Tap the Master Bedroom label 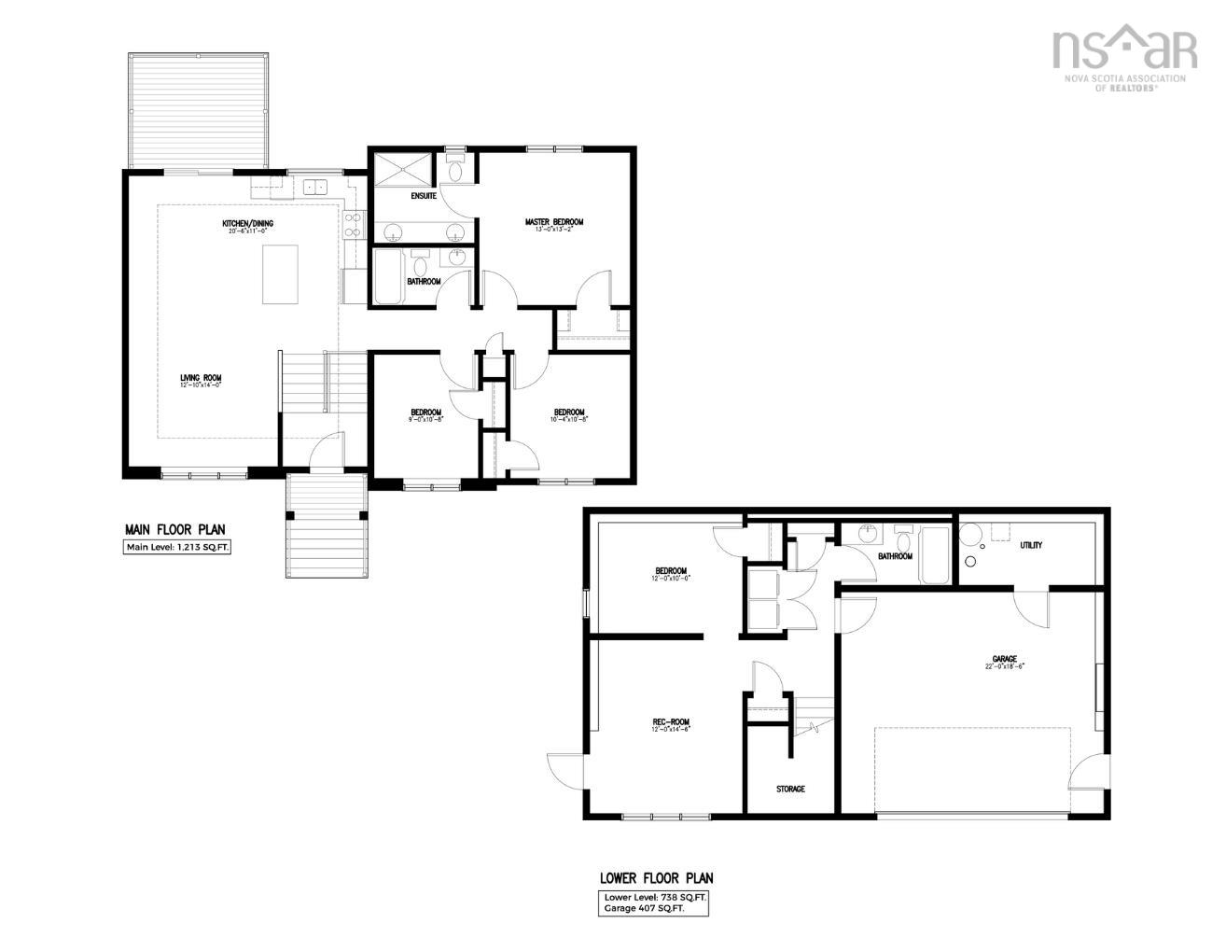tap(553, 222)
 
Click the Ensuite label tap(424, 196)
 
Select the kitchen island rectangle tap(280, 274)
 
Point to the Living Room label tap(201, 378)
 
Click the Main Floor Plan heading tap(175, 529)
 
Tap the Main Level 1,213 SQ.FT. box tap(177, 548)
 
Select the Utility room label tap(1031, 545)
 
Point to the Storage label tap(790, 790)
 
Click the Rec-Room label tap(671, 722)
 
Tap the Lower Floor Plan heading tap(656, 878)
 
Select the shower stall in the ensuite tap(404, 170)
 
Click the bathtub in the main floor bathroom tap(386, 276)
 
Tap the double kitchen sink tap(313, 187)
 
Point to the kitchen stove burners tap(353, 224)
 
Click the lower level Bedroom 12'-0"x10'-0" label tap(671, 572)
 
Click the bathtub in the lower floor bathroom tap(934, 555)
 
